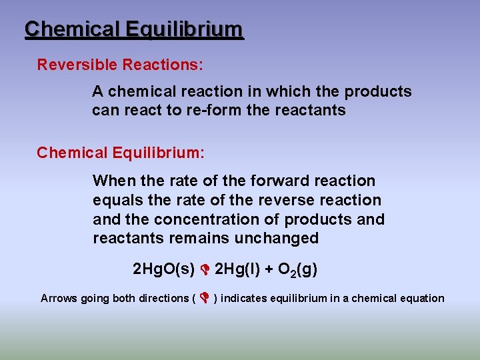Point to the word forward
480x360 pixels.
point(281,181)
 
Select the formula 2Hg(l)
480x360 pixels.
point(240,269)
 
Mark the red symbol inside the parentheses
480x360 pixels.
point(204,298)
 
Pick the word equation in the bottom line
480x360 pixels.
point(421,298)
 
